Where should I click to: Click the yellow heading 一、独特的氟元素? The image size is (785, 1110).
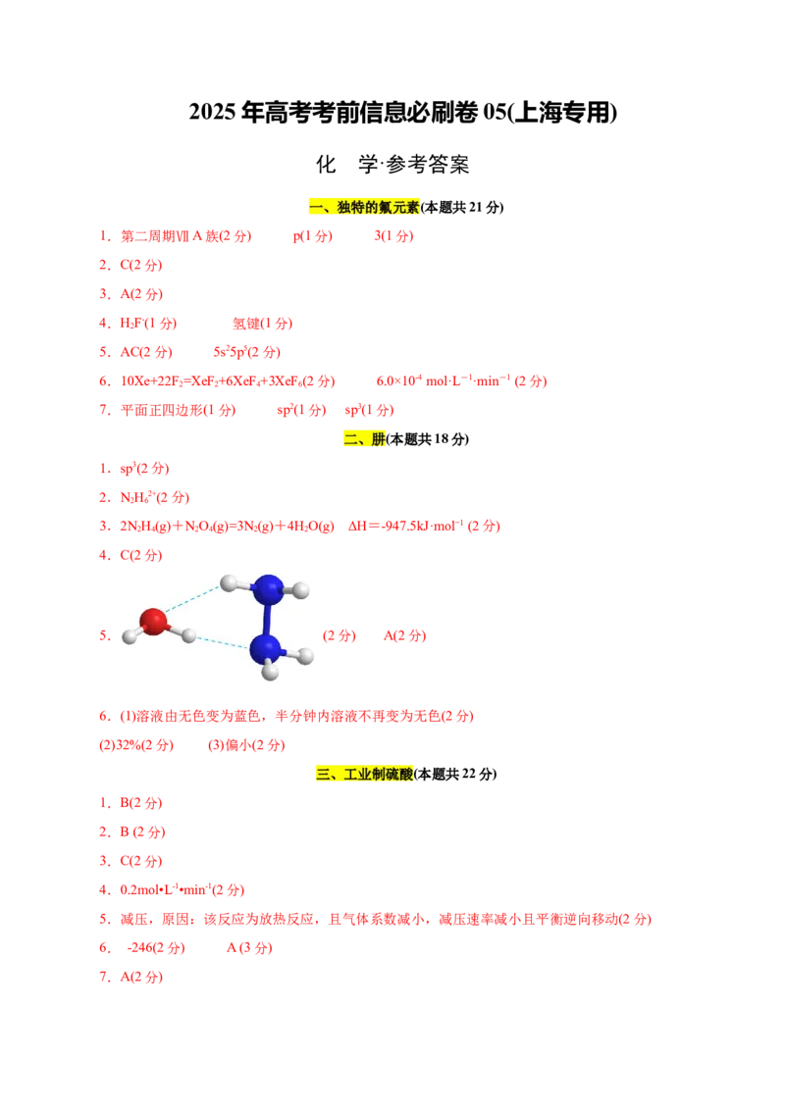pyautogui.click(x=364, y=207)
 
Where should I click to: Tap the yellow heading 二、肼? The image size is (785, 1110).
pyautogui.click(x=365, y=438)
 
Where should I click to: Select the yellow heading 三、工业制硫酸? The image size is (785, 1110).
pyautogui.click(x=365, y=774)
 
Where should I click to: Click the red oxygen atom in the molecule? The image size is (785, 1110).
pyautogui.click(x=153, y=622)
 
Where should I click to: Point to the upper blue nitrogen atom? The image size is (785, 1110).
pyautogui.click(x=268, y=589)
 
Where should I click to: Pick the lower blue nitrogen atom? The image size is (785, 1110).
pyautogui.click(x=265, y=648)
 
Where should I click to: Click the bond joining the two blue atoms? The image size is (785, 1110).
pyautogui.click(x=267, y=619)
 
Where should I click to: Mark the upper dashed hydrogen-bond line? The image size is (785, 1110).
pyautogui.click(x=193, y=599)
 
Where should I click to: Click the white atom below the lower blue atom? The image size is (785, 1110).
pyautogui.click(x=270, y=672)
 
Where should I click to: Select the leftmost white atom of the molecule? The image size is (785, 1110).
pyautogui.click(x=130, y=636)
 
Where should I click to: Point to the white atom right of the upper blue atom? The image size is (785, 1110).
pyautogui.click(x=301, y=590)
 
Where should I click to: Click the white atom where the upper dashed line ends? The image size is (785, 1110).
pyautogui.click(x=229, y=583)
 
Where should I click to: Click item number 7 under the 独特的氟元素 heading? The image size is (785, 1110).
pyautogui.click(x=104, y=410)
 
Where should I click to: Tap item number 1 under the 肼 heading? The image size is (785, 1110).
pyautogui.click(x=104, y=469)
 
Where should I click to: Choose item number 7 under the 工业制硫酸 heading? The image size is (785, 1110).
pyautogui.click(x=104, y=977)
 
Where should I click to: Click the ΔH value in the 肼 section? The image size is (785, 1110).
pyautogui.click(x=423, y=527)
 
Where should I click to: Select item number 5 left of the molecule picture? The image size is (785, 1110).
pyautogui.click(x=104, y=635)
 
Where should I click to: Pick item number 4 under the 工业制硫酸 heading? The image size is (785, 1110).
pyautogui.click(x=104, y=890)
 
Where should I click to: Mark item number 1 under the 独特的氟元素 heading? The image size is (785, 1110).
pyautogui.click(x=104, y=236)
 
